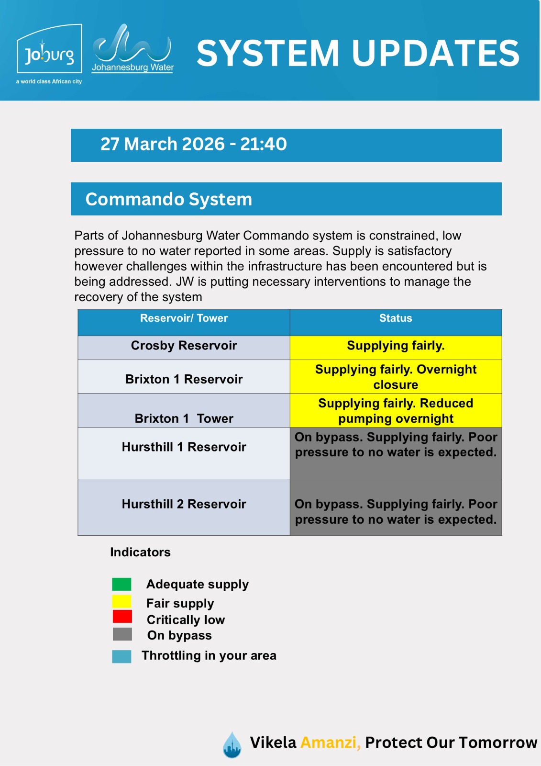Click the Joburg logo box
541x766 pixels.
(x=49, y=50)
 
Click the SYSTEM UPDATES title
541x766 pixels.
(x=358, y=53)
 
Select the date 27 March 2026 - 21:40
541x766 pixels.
(x=193, y=144)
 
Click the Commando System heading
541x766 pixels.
(x=168, y=199)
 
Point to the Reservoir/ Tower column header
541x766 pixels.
(x=184, y=318)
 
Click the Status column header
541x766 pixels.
(x=396, y=318)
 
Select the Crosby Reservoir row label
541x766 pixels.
(x=184, y=346)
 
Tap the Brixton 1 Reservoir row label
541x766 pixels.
(x=184, y=379)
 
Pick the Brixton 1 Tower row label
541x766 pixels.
(x=184, y=418)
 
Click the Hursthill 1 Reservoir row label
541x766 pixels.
(x=184, y=447)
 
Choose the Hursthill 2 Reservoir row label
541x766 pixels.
(x=184, y=504)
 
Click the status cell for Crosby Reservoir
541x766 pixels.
(x=396, y=346)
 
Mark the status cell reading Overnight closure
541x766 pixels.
(x=396, y=377)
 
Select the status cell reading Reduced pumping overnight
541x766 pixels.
(x=396, y=411)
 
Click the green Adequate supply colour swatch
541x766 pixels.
(x=121, y=584)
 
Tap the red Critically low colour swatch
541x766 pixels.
(x=122, y=617)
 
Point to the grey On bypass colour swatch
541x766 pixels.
(x=122, y=634)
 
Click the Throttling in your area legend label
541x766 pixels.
(x=209, y=655)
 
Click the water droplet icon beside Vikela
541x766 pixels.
(x=232, y=744)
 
